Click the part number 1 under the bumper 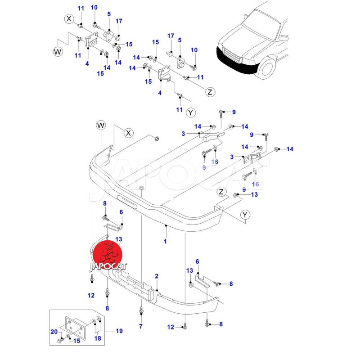point(165,242)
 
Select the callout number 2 point(157,276)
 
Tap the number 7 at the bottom point(140,326)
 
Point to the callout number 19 point(119,331)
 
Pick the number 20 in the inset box point(54,333)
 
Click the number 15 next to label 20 point(77,340)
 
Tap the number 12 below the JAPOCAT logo point(91,296)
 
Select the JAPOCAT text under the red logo point(108,266)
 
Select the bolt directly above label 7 point(141,310)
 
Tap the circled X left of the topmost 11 point(69,19)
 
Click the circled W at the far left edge point(58,51)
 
